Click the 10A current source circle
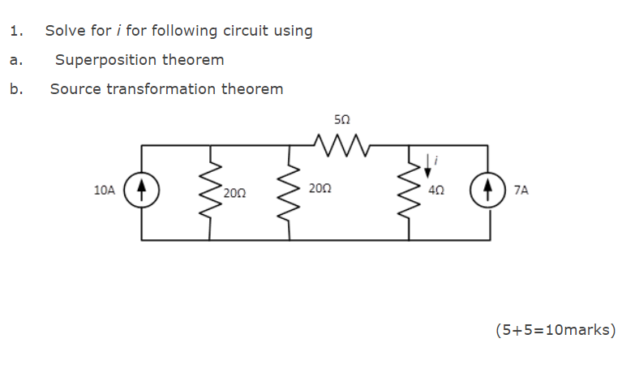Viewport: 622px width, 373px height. [x=143, y=191]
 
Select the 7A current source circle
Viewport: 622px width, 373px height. [x=488, y=191]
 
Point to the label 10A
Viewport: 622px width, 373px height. [x=105, y=191]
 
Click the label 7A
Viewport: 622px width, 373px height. [x=521, y=191]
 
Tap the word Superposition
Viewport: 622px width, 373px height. [x=106, y=60]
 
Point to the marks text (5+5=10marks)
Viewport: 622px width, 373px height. [x=555, y=330]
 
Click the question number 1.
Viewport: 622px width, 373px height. [x=16, y=32]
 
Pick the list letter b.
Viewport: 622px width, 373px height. [x=15, y=89]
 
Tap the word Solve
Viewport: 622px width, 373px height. [x=66, y=32]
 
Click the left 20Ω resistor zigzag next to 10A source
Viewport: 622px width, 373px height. [x=212, y=191]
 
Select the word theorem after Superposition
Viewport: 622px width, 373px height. [x=193, y=60]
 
